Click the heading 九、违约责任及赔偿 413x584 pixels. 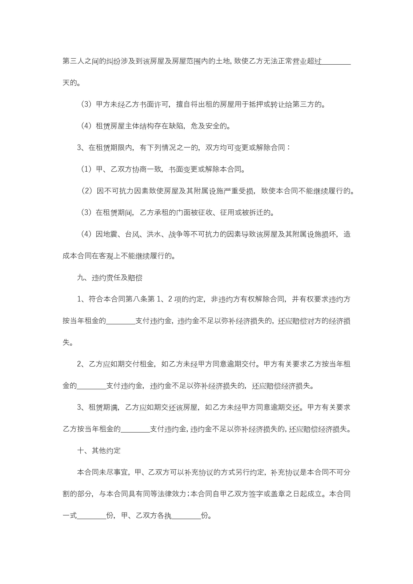coord(110,278)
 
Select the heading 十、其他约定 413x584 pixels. coord(99,450)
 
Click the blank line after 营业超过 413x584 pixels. coord(336,62)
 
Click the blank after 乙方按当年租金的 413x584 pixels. coord(135,429)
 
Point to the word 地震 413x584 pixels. coord(110,234)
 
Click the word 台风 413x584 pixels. coord(132,234)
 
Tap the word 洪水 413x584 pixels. coord(154,234)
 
